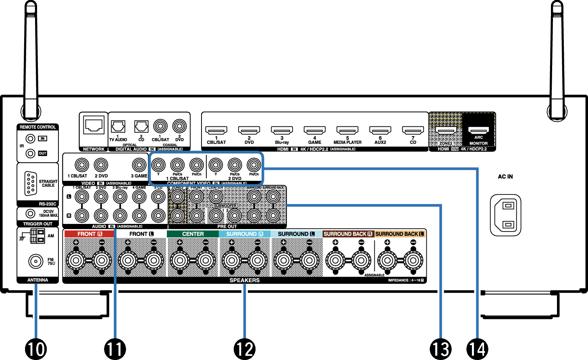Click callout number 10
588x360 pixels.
pyautogui.click(x=36, y=349)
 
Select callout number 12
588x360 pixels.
pyautogui.click(x=245, y=349)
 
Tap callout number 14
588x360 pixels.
pyautogui.click(x=477, y=349)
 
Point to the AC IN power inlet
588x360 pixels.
pyautogui.click(x=505, y=215)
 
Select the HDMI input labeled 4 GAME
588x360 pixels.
pyautogui.click(x=314, y=131)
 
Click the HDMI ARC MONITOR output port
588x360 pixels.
pyautogui.click(x=478, y=130)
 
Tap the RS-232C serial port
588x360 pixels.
pyautogui.click(x=30, y=183)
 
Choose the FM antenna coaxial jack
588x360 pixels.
pyautogui.click(x=36, y=261)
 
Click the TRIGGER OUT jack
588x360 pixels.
pyautogui.click(x=30, y=213)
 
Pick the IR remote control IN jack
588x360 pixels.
pyautogui.click(x=30, y=139)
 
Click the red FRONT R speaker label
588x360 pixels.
pyautogui.click(x=89, y=234)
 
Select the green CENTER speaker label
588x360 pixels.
pyautogui.click(x=193, y=234)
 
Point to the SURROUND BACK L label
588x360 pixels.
pyautogui.click(x=400, y=234)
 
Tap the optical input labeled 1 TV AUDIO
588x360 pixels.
pyautogui.click(x=118, y=126)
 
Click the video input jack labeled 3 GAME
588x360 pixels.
pyautogui.click(x=139, y=165)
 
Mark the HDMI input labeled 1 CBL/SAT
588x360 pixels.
pyautogui.click(x=216, y=131)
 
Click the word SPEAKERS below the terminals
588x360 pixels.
pyautogui.click(x=245, y=280)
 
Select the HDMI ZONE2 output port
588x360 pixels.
pyautogui.click(x=446, y=131)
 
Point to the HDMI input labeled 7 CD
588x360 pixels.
pyautogui.click(x=413, y=131)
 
